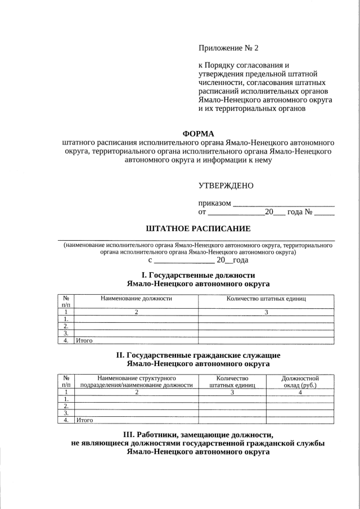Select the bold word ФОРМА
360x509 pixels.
(x=199, y=133)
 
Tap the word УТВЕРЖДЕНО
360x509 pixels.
(x=226, y=186)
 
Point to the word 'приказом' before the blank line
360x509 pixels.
(x=215, y=202)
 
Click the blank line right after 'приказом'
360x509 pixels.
(x=283, y=203)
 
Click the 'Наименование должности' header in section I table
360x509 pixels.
(x=136, y=299)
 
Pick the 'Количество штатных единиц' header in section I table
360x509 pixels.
(x=266, y=299)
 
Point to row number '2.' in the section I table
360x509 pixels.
(x=66, y=326)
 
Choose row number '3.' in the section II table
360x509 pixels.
(x=66, y=412)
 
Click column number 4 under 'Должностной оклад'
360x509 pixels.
(x=300, y=393)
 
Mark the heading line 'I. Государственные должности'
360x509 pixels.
(x=198, y=275)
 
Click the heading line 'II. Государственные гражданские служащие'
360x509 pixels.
(x=198, y=355)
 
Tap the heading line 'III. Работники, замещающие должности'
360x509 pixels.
(x=198, y=435)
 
